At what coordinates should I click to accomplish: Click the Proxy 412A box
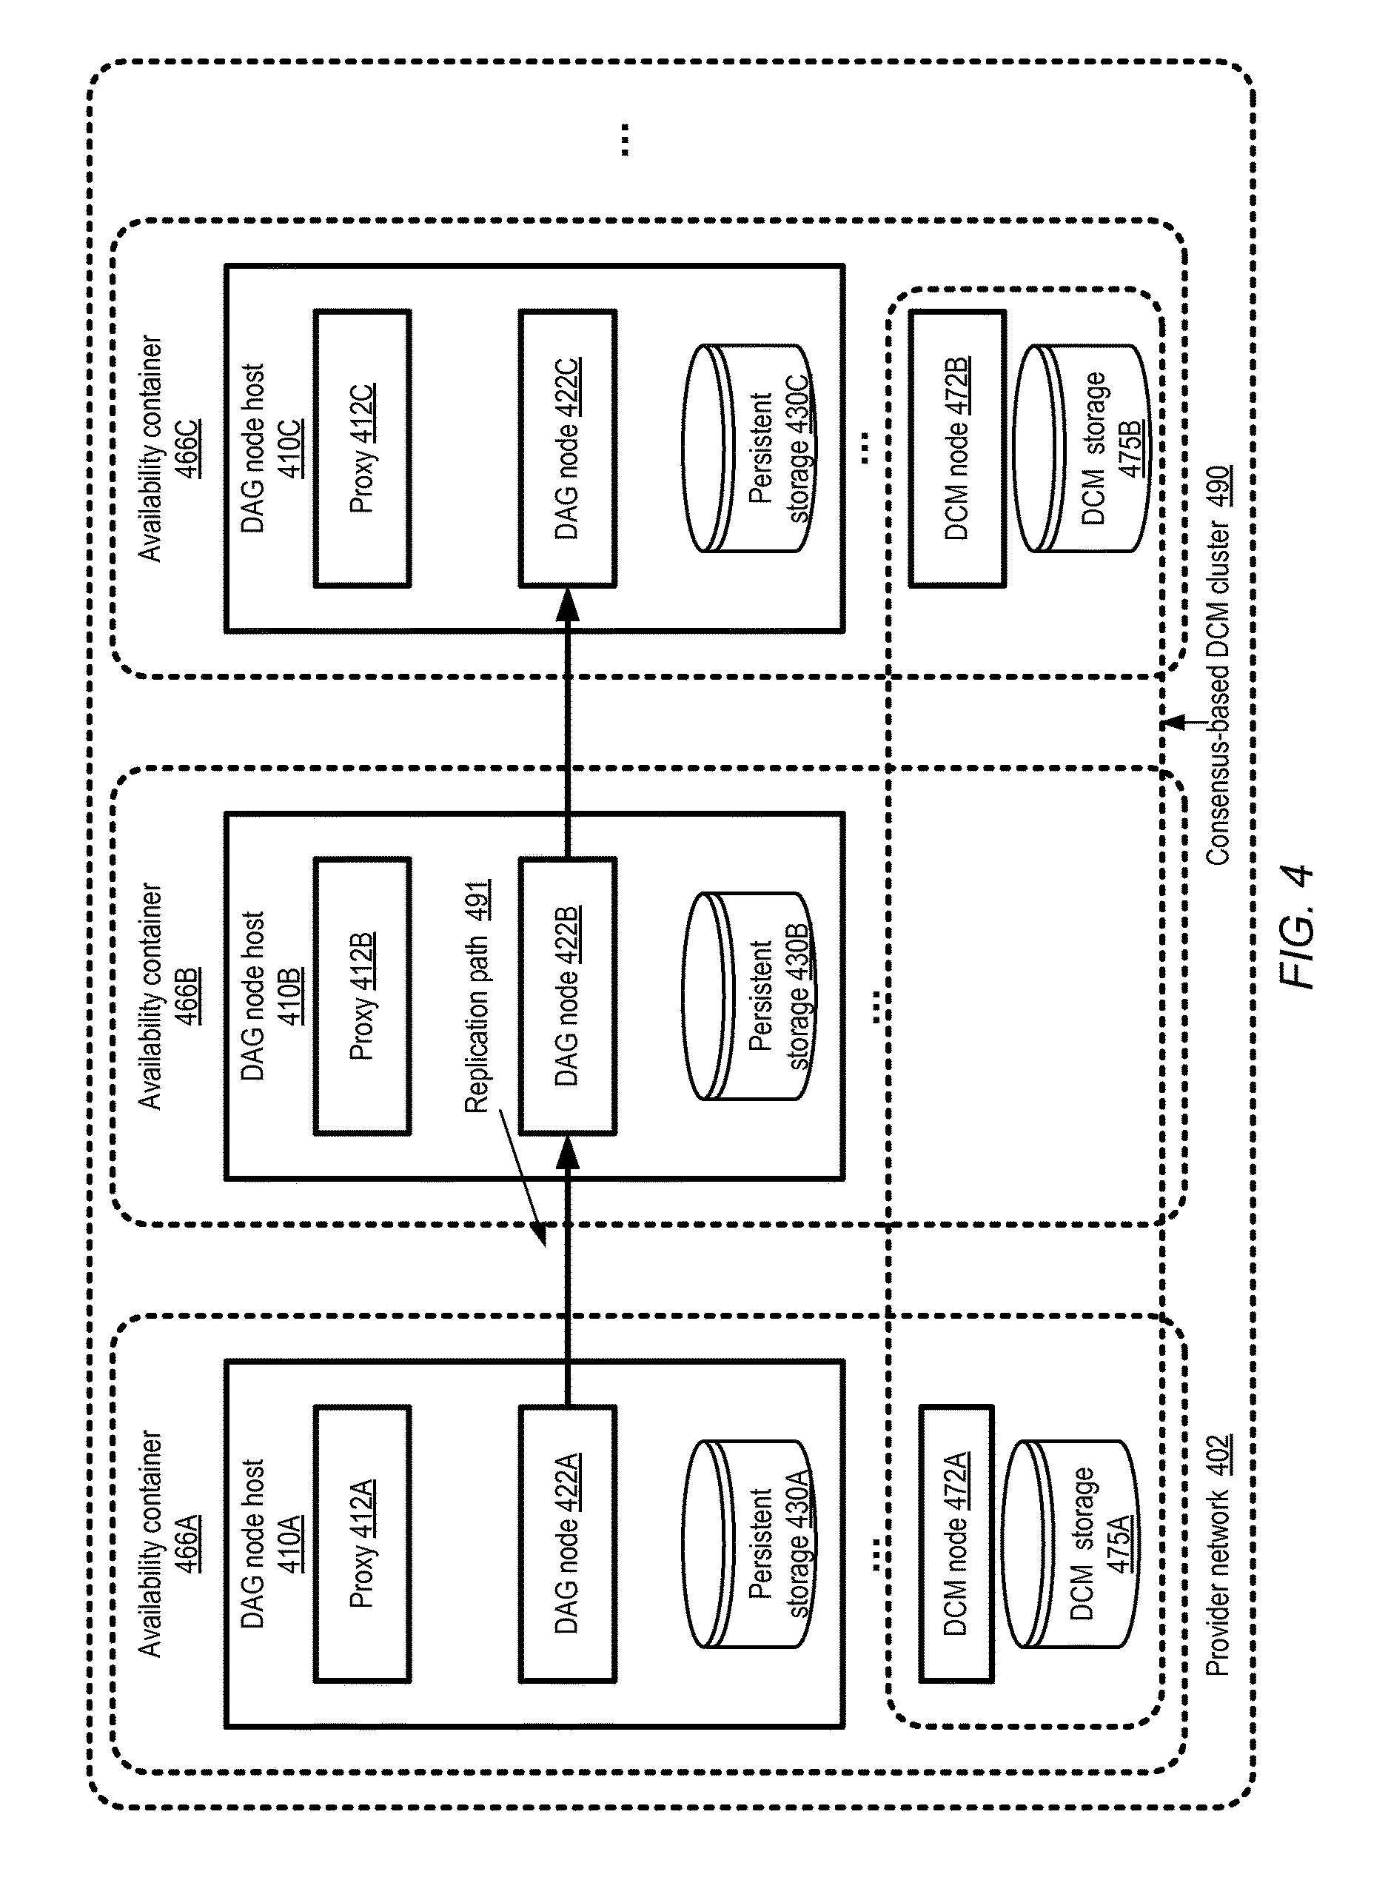point(362,1544)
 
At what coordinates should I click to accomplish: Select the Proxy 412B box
point(362,996)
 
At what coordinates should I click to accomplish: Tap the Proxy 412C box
point(362,448)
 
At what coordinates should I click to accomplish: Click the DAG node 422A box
point(567,1544)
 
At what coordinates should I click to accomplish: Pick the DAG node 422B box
point(567,996)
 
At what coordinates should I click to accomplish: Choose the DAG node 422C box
point(567,448)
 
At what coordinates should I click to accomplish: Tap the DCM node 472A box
point(956,1544)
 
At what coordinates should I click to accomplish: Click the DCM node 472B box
point(956,448)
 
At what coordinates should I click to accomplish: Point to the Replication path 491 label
point(477,997)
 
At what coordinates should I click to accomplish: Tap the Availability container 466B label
point(168,996)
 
